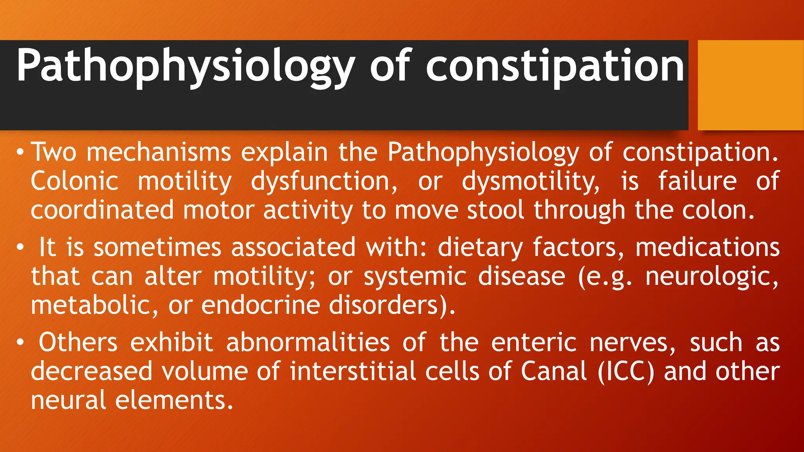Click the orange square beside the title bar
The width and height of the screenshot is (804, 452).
pyautogui.click(x=751, y=85)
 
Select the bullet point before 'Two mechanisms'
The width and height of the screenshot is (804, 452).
pyautogui.click(x=20, y=152)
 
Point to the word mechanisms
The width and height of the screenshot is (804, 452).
pyautogui.click(x=159, y=152)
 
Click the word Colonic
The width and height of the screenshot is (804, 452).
pyautogui.click(x=75, y=181)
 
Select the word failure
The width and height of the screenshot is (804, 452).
pyautogui.click(x=697, y=181)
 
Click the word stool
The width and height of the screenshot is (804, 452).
pyautogui.click(x=495, y=210)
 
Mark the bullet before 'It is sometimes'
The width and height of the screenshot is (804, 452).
pyautogui.click(x=20, y=248)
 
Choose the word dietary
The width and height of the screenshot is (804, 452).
pyautogui.click(x=480, y=248)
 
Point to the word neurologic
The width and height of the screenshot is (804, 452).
pyautogui.click(x=711, y=277)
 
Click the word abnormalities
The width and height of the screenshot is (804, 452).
pyautogui.click(x=308, y=343)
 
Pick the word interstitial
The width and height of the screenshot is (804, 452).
pyautogui.click(x=353, y=371)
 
